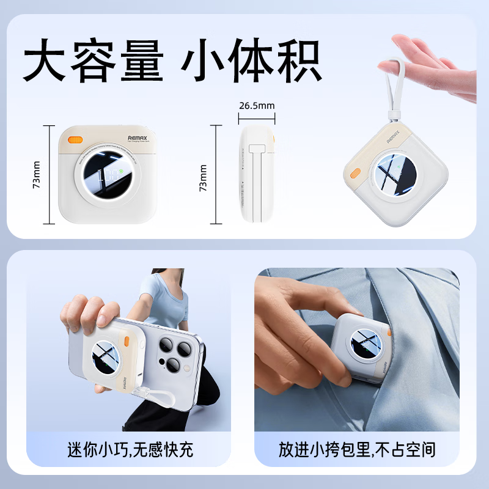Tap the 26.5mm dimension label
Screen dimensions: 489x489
pyautogui.click(x=256, y=105)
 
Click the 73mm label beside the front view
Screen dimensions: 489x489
pyautogui.click(x=37, y=175)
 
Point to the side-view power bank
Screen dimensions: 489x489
pyautogui.click(x=257, y=175)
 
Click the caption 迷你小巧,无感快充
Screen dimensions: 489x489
pyautogui.click(x=130, y=450)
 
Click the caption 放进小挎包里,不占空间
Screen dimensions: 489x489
pyautogui.click(x=357, y=450)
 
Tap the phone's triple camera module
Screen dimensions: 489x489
pyautogui.click(x=171, y=355)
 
